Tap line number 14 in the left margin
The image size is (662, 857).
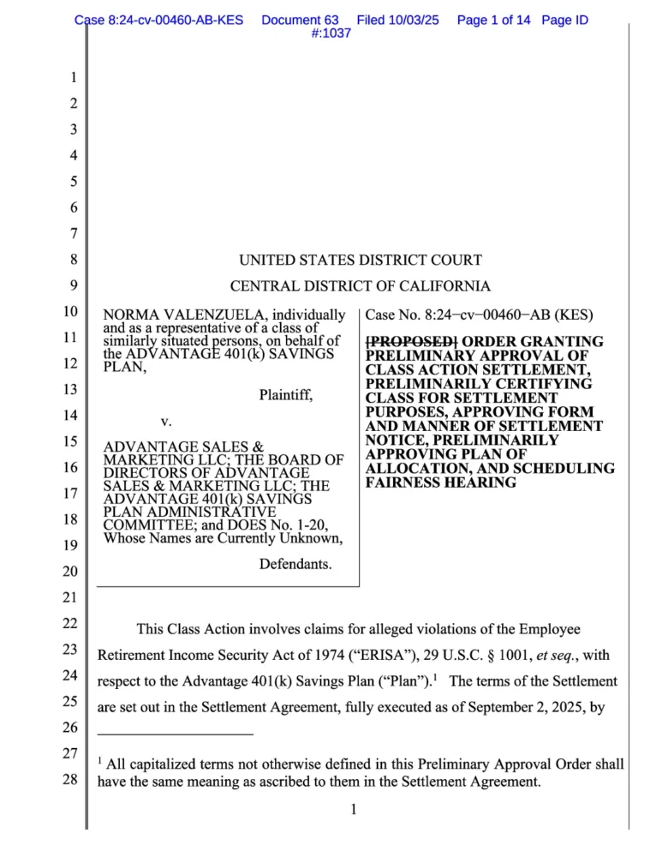[x=74, y=417]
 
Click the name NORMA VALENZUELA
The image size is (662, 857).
[x=183, y=315]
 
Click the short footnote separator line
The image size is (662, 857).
[x=175, y=734]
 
